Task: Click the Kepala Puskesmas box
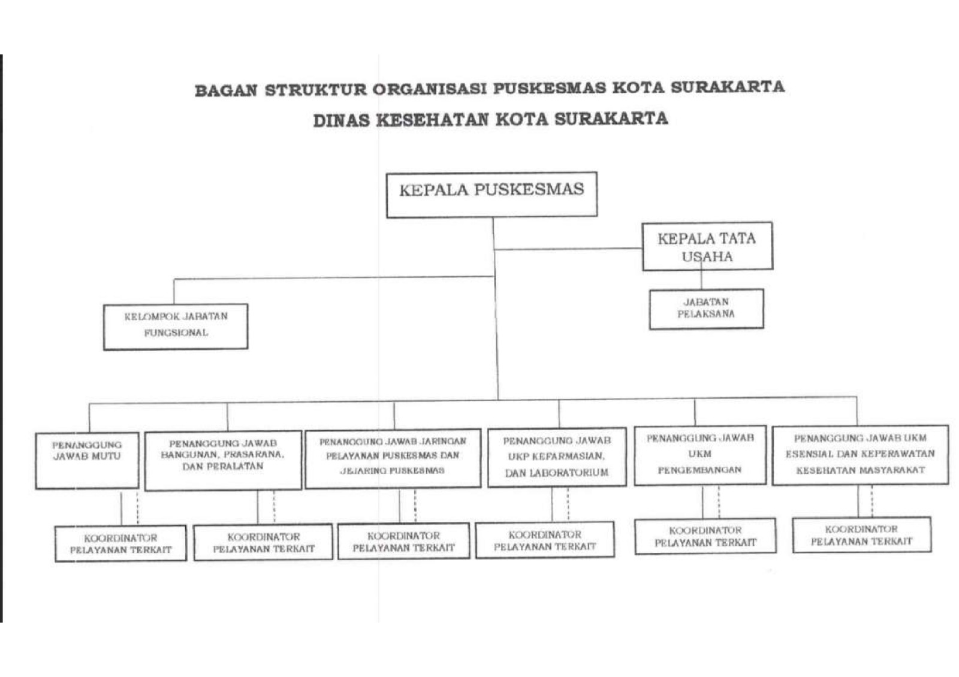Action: tap(491, 195)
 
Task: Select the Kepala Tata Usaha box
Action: tap(707, 246)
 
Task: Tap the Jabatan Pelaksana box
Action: tap(707, 309)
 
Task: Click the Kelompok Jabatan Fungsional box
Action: tap(176, 327)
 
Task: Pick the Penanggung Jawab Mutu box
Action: tap(88, 461)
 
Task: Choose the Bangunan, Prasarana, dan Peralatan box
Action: tap(223, 461)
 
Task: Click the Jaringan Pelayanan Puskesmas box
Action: tap(393, 459)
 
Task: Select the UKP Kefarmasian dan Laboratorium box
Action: tap(557, 457)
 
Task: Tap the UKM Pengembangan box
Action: tap(700, 455)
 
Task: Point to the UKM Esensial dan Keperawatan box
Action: tap(860, 455)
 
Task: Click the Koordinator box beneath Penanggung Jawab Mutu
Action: tap(120, 543)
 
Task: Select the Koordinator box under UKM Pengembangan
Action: tap(705, 536)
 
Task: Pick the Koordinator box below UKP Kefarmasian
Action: tap(545, 540)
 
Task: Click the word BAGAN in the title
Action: tap(226, 90)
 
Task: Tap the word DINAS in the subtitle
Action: tap(341, 120)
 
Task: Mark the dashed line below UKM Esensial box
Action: tap(872, 501)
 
